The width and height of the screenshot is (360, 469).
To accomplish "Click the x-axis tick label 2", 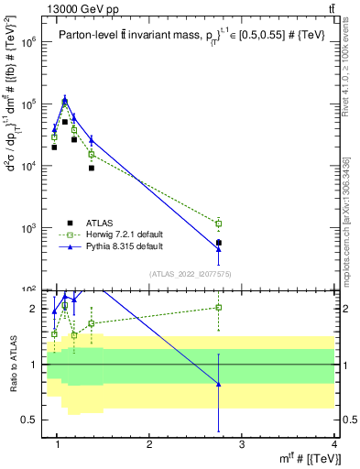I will [149, 445].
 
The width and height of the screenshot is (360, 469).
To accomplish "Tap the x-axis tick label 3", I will [242, 445].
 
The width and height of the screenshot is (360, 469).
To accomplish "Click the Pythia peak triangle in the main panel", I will [65, 100].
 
